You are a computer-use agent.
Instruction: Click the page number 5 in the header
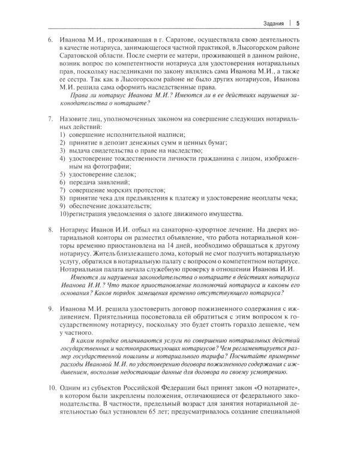pos(298,23)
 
